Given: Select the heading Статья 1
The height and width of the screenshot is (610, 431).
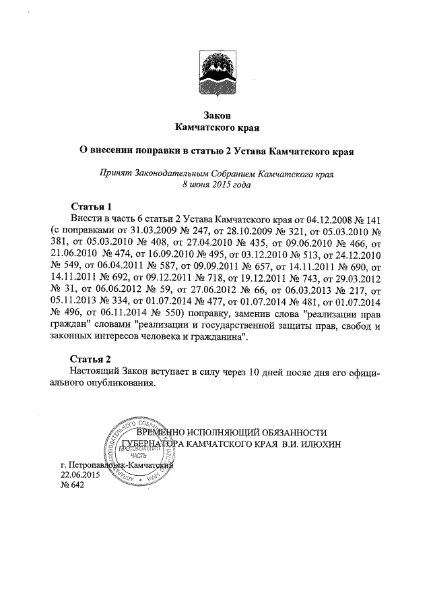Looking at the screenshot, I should tap(90, 206).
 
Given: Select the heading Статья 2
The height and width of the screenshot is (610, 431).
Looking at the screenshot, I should tap(90, 358).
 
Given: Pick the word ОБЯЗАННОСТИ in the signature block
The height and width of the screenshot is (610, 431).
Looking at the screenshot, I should tap(296, 432).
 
